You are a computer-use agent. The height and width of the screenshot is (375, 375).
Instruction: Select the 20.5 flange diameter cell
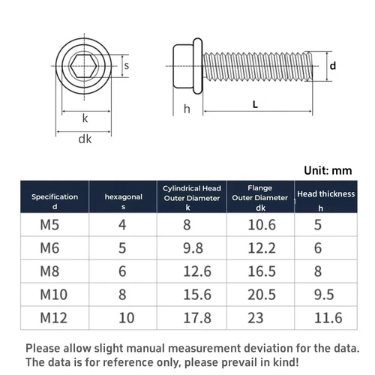(260, 293)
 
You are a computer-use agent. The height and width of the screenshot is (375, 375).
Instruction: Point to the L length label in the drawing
(256, 105)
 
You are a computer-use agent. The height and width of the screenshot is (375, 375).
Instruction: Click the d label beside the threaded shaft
(332, 66)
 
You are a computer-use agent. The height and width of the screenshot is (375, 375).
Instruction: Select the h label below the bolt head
(186, 109)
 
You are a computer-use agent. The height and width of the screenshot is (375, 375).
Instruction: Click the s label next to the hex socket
(127, 66)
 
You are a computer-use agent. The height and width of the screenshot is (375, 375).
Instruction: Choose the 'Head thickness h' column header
(325, 200)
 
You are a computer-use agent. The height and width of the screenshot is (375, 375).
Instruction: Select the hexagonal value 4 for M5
(123, 223)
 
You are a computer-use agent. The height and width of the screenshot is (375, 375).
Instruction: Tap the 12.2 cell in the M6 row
(260, 247)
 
